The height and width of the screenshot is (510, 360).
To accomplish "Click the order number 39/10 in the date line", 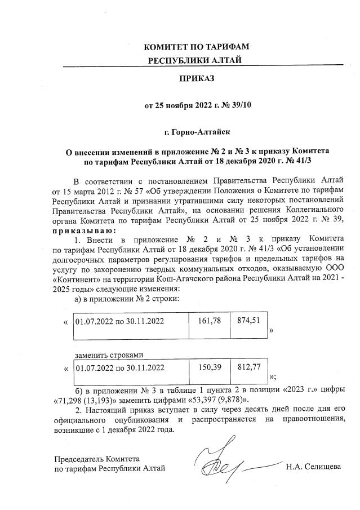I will tap(238, 104).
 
